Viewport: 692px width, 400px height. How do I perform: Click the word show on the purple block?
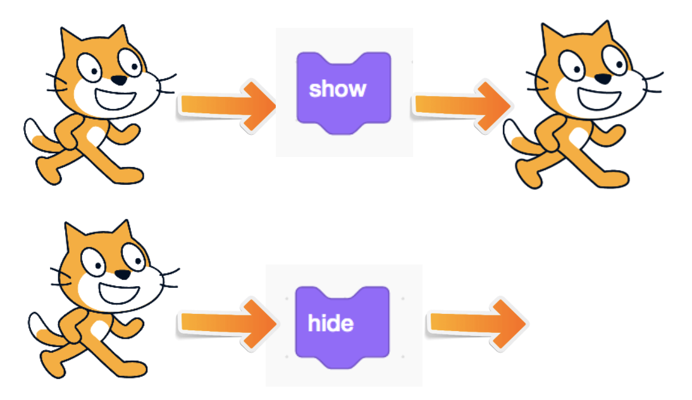[x=337, y=89]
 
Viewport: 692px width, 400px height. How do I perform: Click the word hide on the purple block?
[x=330, y=323]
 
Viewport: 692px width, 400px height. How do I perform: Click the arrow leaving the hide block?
[x=478, y=323]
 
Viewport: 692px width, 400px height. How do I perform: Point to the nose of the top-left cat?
[x=119, y=80]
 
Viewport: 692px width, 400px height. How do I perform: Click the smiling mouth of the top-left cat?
[x=114, y=99]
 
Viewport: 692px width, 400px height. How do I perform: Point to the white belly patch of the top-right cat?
[x=579, y=137]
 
